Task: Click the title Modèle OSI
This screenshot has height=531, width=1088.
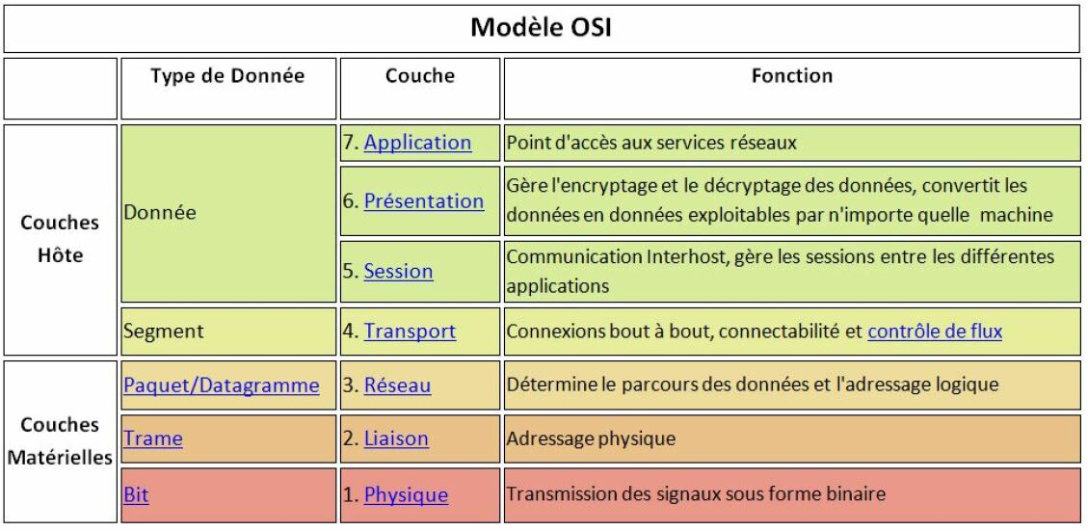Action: coord(542,28)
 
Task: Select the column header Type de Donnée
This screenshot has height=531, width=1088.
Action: coord(227,76)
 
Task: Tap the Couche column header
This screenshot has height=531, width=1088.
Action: coord(420,76)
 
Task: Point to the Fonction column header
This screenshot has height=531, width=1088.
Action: coord(792,76)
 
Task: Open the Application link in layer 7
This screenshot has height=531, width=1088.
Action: coord(417,143)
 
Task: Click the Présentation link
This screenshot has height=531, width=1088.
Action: coord(424,201)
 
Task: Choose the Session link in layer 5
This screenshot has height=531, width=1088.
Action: coord(398,271)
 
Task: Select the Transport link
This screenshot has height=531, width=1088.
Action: coord(411,332)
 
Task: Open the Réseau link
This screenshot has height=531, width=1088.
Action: coord(398,385)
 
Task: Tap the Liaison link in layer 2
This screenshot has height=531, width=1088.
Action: coord(396,438)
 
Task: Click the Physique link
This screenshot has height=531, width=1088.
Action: coord(406,495)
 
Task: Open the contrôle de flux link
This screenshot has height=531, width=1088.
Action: coord(935,332)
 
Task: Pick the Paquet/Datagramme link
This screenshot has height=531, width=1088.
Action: coord(222,385)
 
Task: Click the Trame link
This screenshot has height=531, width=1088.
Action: coord(153,438)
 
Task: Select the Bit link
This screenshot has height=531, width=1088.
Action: coord(136,495)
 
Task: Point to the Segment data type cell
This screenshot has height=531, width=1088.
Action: coord(164,332)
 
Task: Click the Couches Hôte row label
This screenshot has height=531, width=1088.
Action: coord(60,239)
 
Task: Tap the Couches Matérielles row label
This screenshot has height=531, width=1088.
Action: coord(60,440)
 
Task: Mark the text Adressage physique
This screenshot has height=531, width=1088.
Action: coord(591,438)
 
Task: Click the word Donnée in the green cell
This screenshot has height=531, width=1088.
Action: coord(160,212)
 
